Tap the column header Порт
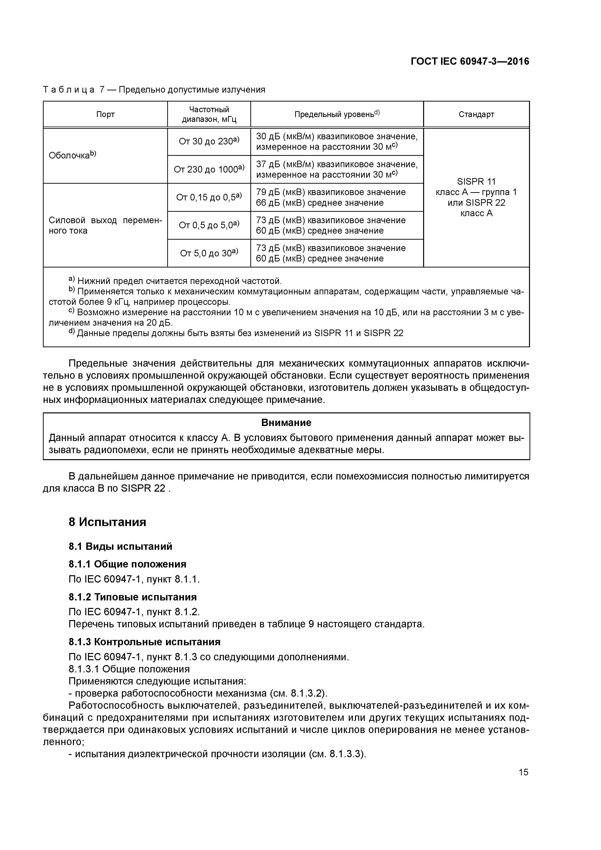[105, 114]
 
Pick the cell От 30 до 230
[209, 142]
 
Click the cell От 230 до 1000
[209, 169]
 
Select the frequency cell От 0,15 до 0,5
[209, 197]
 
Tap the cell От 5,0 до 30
[209, 253]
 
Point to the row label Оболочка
[72, 156]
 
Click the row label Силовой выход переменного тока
[105, 225]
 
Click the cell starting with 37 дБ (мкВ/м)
[337, 169]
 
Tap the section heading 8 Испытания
[107, 522]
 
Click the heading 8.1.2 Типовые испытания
[132, 597]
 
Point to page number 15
[523, 772]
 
